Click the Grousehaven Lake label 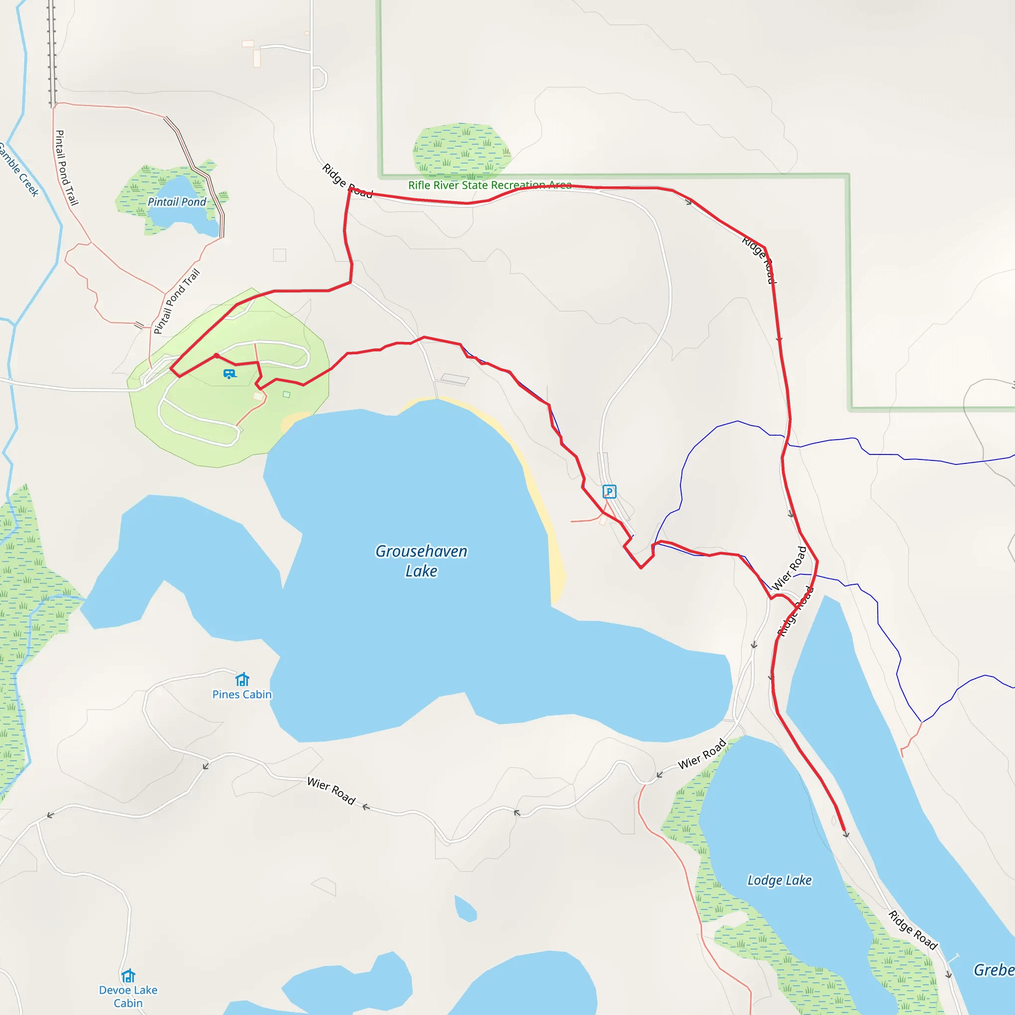pyautogui.click(x=421, y=561)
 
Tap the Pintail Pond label pyautogui.click(x=176, y=202)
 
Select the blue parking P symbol pyautogui.click(x=609, y=492)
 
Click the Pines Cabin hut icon pyautogui.click(x=242, y=680)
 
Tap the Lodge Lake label pyautogui.click(x=779, y=880)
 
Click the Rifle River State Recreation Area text pyautogui.click(x=490, y=185)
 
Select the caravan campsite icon pyautogui.click(x=229, y=374)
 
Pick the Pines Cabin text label pyautogui.click(x=242, y=694)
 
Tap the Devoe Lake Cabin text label pyautogui.click(x=128, y=997)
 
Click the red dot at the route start pyautogui.click(x=217, y=356)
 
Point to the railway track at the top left pyautogui.click(x=52, y=53)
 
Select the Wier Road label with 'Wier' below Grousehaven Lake pyautogui.click(x=331, y=790)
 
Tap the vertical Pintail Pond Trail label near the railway pyautogui.click(x=66, y=168)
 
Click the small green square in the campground pyautogui.click(x=286, y=395)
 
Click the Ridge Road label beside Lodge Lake pyautogui.click(x=912, y=930)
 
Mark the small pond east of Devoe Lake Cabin pyautogui.click(x=465, y=909)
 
